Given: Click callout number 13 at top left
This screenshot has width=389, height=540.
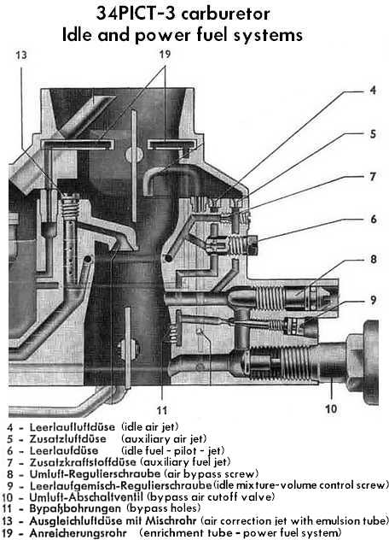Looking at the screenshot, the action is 21,55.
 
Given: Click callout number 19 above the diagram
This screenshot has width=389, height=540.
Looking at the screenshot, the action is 165,54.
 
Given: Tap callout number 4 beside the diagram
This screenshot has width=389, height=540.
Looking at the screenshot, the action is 373,91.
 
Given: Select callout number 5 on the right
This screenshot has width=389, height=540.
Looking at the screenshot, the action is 373,133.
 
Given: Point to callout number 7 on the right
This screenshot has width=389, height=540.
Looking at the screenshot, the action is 373,176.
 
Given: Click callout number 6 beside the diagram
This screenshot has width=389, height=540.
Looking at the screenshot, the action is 374,219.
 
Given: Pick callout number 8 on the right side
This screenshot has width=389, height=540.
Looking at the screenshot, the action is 374,260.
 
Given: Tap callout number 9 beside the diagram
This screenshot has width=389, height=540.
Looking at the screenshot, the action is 374,300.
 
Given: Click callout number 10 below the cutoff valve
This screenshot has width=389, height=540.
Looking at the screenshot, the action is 331,408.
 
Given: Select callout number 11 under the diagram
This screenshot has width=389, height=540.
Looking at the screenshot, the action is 162,410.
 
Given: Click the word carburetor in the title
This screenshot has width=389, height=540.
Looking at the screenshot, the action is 225,15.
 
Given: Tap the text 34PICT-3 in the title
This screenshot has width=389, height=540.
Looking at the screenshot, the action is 136,15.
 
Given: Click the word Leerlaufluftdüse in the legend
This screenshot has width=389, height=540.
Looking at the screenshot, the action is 73,427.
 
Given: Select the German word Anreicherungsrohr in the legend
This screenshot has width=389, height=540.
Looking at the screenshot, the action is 78,532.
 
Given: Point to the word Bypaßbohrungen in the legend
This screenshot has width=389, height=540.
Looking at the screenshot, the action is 75,508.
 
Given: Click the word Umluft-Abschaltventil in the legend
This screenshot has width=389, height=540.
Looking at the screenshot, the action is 86,497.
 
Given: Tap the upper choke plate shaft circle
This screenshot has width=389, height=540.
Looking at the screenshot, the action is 134,155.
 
